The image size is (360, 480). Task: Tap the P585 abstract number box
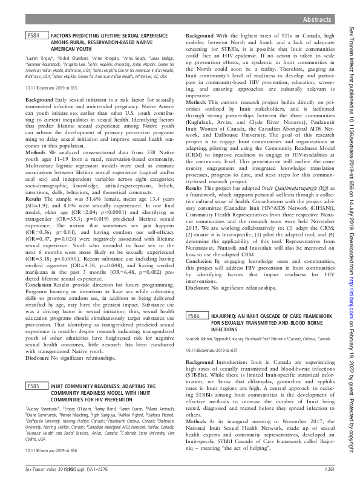pyautogui.click(x=34, y=385)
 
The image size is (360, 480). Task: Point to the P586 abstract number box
pyautogui.click(x=193, y=316)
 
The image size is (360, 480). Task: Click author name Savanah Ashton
pyautogui.click(x=197, y=340)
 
